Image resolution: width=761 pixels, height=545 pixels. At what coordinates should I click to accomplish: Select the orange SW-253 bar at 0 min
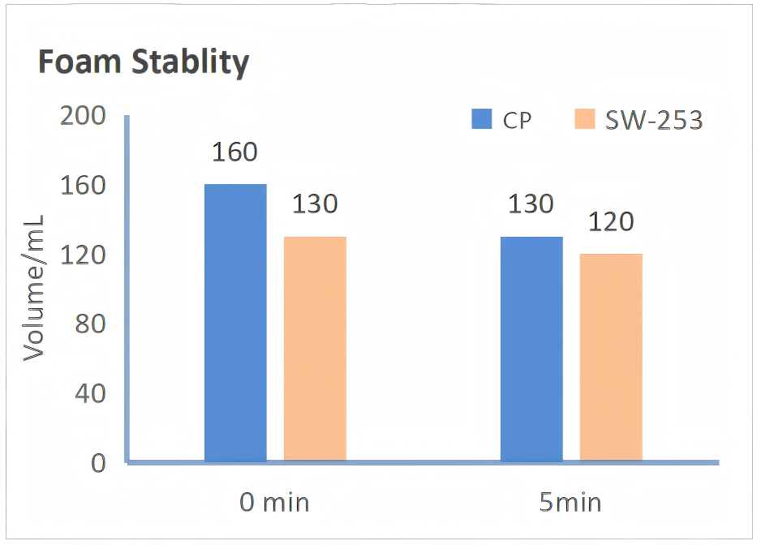tap(315, 349)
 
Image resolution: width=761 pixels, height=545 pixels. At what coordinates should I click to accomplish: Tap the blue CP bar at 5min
tap(531, 349)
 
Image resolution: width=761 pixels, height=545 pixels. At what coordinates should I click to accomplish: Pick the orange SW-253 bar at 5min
tap(611, 358)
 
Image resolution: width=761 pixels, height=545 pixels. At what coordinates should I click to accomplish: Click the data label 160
tap(235, 152)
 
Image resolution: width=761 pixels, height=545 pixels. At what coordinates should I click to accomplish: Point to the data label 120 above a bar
tap(611, 221)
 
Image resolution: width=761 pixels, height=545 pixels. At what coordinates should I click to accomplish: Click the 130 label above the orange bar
tap(315, 204)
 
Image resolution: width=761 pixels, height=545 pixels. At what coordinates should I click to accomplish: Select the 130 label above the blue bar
tap(531, 204)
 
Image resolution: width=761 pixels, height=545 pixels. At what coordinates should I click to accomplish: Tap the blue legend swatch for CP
tap(483, 120)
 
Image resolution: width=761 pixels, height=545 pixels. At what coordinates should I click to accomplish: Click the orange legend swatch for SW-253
tap(585, 120)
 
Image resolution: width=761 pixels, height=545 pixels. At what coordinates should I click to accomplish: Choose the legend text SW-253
tap(654, 121)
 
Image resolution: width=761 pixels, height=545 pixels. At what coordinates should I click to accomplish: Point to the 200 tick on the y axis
tap(84, 117)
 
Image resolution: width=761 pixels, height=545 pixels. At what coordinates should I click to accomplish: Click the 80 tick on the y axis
tap(90, 324)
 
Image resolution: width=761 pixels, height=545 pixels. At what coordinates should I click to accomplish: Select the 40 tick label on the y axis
tap(90, 394)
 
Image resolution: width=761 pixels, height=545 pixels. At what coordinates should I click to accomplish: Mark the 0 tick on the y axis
tap(98, 463)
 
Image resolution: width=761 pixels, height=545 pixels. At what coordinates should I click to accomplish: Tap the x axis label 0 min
tap(274, 503)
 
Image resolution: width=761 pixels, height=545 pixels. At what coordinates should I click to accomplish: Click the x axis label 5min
tap(570, 503)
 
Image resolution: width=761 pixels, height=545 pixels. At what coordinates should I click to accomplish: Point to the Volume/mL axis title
tap(33, 288)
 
